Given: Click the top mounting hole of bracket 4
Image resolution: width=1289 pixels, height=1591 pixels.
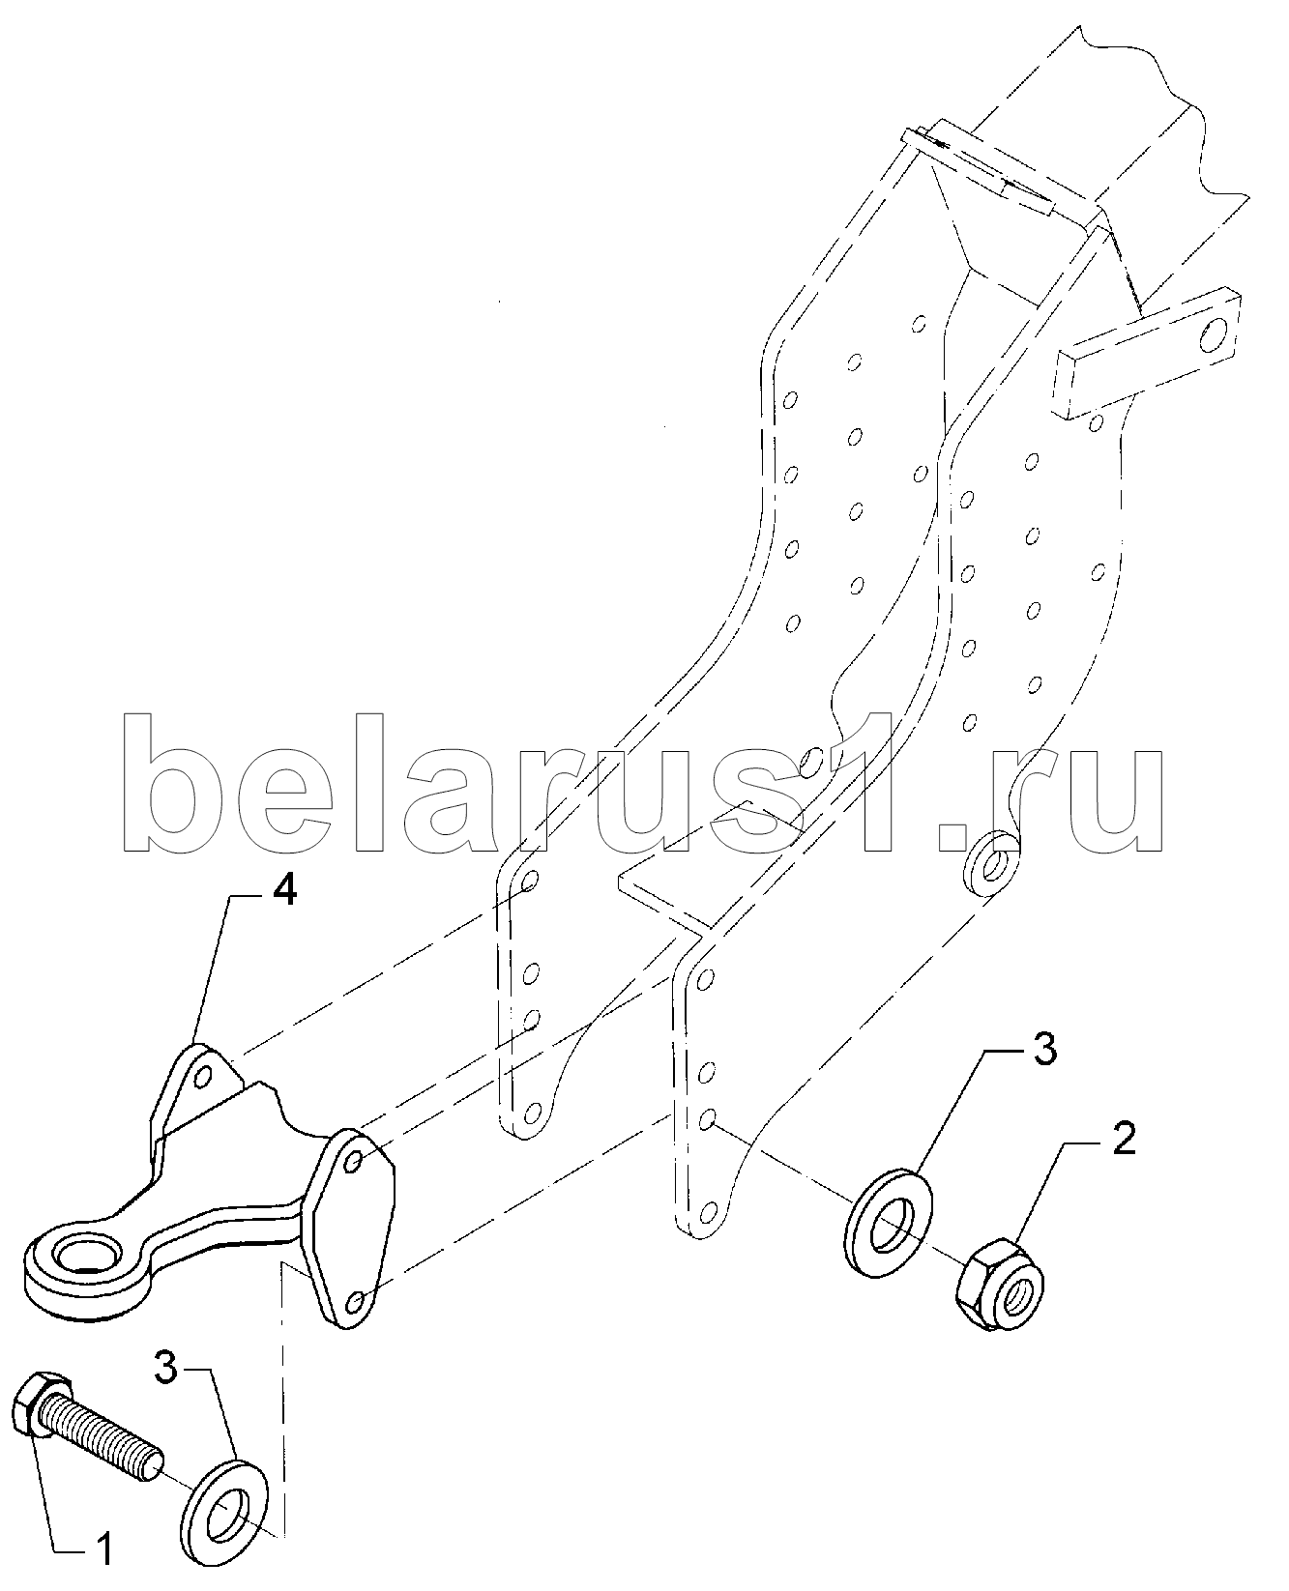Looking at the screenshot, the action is tap(204, 1076).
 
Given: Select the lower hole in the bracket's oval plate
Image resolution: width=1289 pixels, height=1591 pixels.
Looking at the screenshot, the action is tap(355, 1302).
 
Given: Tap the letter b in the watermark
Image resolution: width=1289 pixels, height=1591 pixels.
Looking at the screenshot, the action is tap(174, 783).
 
